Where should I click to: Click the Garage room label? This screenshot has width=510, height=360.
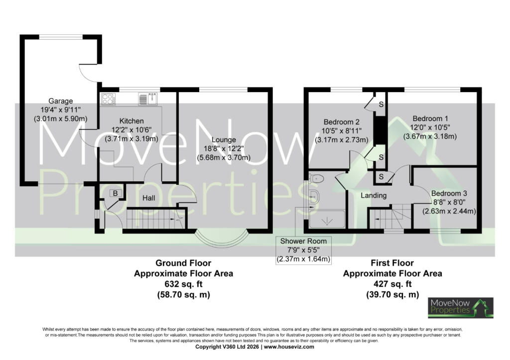(60, 101)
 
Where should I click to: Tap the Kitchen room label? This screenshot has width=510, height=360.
(131, 121)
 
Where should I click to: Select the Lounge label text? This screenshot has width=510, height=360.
(224, 140)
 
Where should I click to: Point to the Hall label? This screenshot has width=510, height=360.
(148, 198)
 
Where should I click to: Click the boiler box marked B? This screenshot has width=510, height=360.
(115, 193)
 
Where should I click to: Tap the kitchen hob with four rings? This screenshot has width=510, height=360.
(108, 99)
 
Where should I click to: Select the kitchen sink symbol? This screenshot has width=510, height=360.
(148, 99)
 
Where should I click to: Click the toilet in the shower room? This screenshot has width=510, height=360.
(316, 178)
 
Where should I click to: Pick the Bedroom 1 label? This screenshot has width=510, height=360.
(428, 119)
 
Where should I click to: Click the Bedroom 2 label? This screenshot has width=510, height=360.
(342, 122)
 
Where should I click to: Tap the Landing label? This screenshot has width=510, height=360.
(374, 196)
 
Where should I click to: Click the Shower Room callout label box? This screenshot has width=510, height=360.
(303, 250)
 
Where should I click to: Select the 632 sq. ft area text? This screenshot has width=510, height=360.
(183, 284)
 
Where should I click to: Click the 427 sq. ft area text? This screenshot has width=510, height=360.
(392, 284)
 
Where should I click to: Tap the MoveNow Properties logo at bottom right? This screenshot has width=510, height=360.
(461, 307)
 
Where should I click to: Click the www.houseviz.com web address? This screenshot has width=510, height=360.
(289, 347)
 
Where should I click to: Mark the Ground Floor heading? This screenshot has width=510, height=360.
(183, 263)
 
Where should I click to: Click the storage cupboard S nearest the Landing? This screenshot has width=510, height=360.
(381, 177)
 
